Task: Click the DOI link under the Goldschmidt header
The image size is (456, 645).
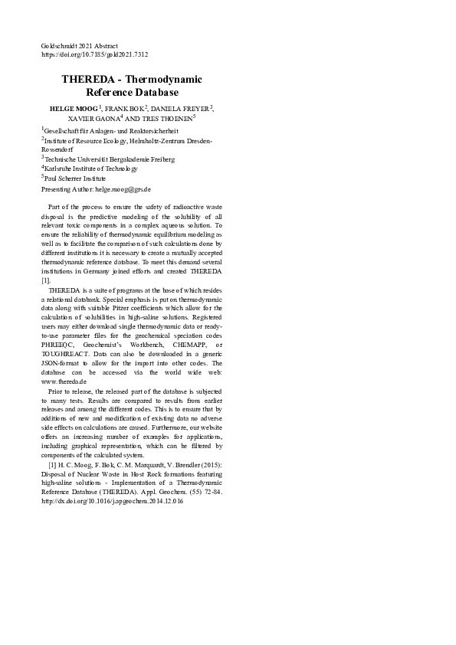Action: (94, 55)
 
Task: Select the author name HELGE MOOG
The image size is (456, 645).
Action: (73, 110)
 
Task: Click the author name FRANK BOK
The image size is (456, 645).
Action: (126, 110)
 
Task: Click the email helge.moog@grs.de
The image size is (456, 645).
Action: (123, 188)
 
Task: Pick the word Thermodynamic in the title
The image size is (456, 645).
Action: (164, 80)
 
